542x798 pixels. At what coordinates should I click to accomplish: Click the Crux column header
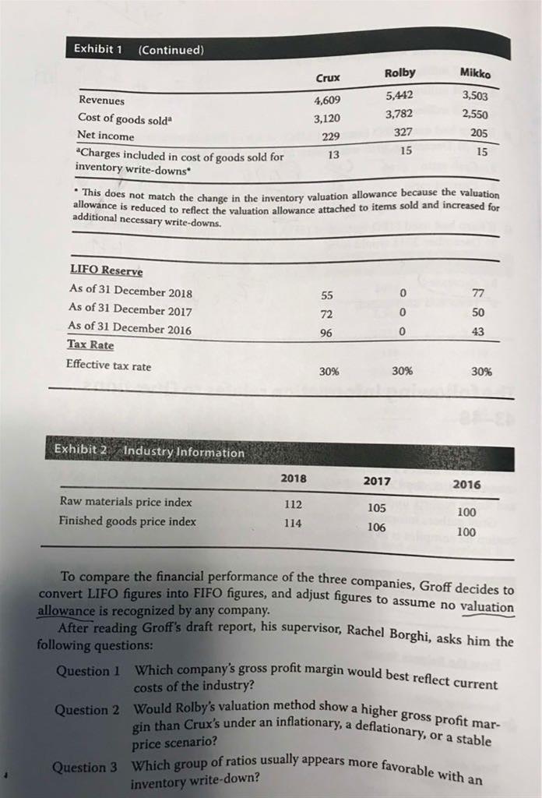tap(328, 79)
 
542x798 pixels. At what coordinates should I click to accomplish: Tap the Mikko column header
tap(476, 73)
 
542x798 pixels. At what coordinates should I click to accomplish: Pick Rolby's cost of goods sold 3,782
tap(399, 115)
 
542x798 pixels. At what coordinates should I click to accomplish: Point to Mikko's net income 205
tap(479, 132)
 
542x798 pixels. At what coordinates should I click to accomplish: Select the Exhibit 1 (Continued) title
tap(138, 48)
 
